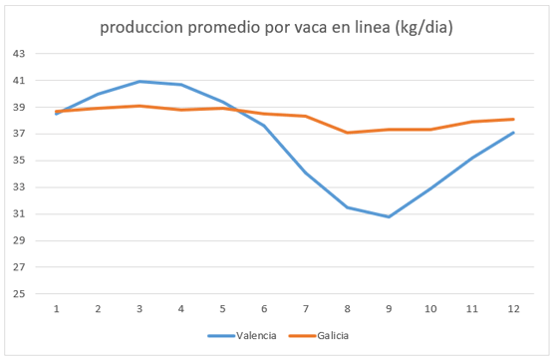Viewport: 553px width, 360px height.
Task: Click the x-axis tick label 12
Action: coord(512,309)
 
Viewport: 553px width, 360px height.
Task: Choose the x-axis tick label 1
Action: coord(57,309)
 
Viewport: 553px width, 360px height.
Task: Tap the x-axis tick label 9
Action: coord(388,309)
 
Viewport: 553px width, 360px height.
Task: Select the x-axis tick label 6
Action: coord(264,309)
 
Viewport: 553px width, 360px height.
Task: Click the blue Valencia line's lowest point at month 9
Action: coord(388,216)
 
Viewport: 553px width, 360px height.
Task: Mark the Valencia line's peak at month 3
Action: coord(139,82)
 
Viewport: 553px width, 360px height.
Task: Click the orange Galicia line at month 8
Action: coord(347,133)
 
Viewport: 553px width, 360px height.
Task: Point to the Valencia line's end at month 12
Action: coord(512,133)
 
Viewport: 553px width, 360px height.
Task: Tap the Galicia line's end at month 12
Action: coord(512,119)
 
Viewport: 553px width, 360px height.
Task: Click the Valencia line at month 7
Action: coord(305,173)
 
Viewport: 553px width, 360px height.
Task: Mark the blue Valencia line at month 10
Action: coord(429,188)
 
